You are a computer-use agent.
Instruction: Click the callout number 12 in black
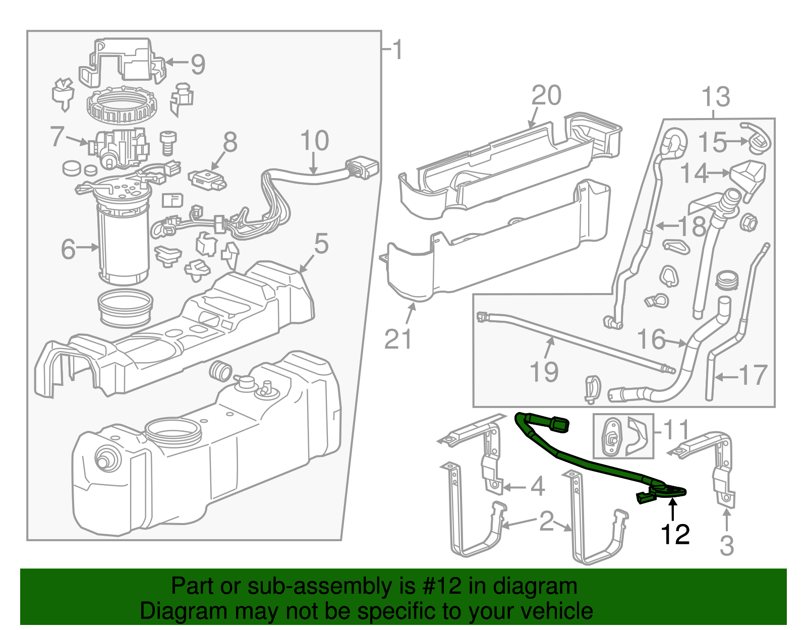(x=675, y=535)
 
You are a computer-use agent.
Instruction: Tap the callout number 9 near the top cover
(x=197, y=64)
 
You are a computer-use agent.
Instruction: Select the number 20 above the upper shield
(x=546, y=95)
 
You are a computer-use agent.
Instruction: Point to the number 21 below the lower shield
(x=398, y=339)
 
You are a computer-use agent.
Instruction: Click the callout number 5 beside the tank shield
(x=321, y=244)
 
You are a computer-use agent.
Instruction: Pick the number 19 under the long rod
(x=544, y=372)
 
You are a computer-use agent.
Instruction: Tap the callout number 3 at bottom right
(x=726, y=546)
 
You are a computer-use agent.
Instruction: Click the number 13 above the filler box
(x=715, y=96)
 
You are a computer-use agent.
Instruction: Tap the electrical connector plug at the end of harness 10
(x=362, y=168)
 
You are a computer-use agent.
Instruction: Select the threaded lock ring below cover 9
(x=122, y=106)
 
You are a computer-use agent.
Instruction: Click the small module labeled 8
(x=207, y=180)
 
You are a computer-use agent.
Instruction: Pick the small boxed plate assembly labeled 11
(x=623, y=436)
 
